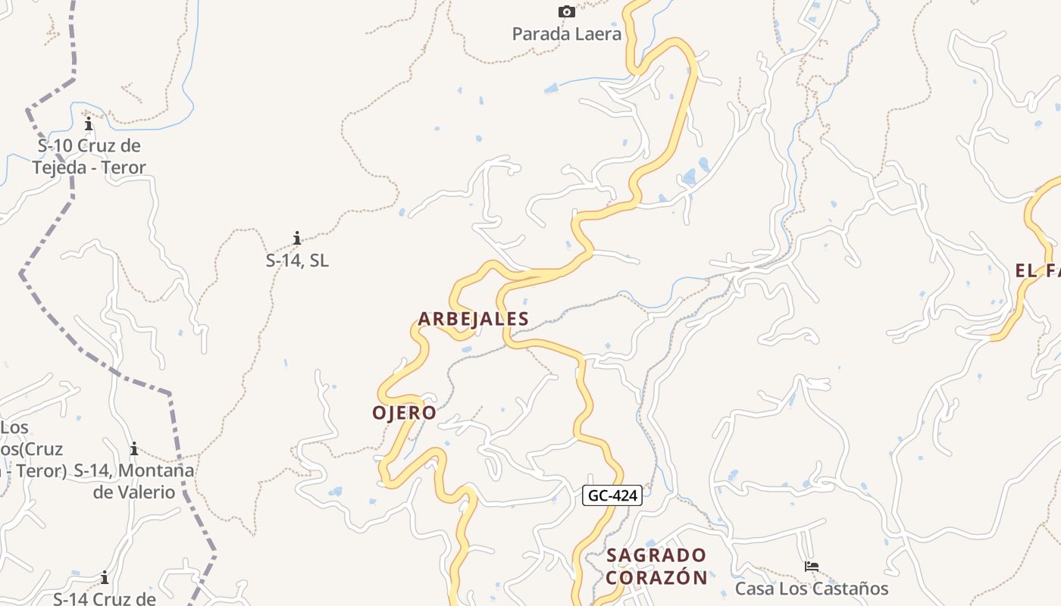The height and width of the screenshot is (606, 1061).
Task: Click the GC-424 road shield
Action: pos(613,496)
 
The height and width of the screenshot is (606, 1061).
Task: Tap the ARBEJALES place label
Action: pos(473,319)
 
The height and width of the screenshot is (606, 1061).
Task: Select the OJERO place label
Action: pos(404,413)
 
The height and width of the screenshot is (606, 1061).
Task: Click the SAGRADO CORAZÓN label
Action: pos(656,567)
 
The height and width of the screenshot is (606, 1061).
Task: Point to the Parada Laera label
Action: pos(566,34)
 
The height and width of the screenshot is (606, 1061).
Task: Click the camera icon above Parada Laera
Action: pos(566,11)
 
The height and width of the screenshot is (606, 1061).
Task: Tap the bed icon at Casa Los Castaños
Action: pos(812,566)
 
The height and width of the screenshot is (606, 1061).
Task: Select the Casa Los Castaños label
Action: pos(812,589)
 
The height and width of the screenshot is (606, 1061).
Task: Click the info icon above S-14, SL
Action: pos(297,239)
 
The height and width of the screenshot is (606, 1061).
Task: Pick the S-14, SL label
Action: pos(297,261)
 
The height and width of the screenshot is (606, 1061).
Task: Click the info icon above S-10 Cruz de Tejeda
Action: pos(89,123)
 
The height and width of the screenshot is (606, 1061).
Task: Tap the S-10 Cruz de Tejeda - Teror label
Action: pos(89,156)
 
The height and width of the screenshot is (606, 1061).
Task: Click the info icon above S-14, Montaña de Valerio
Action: pos(134,448)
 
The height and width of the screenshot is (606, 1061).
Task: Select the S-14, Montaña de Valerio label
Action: pos(134,481)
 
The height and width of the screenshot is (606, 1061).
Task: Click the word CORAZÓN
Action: pos(656,577)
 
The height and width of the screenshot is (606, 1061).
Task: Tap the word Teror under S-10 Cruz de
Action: pos(121,167)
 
